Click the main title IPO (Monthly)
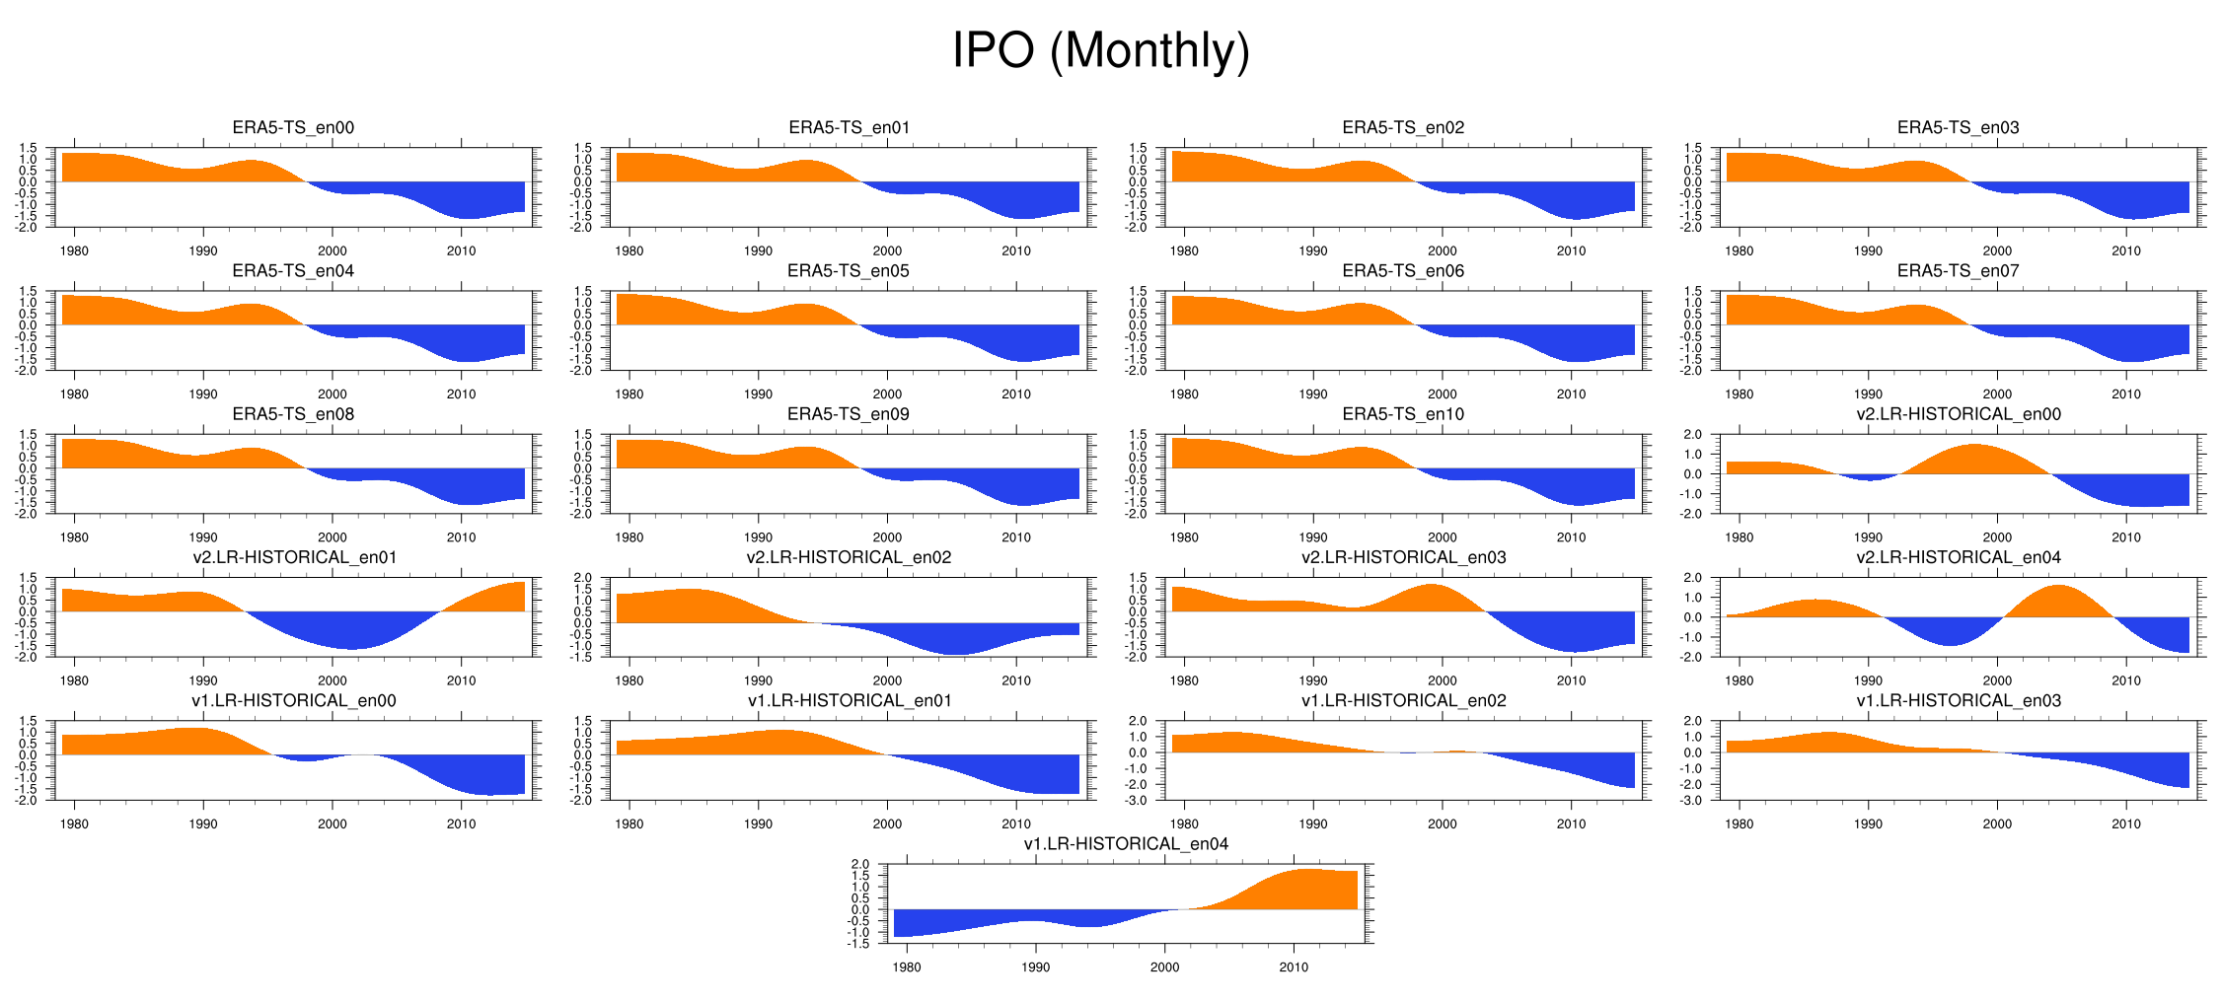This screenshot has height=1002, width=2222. coord(1100,50)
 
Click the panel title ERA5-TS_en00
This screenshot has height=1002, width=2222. coord(293,127)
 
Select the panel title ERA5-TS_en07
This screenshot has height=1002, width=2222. coord(1958,270)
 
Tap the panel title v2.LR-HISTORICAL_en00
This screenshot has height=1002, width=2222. coord(1958,414)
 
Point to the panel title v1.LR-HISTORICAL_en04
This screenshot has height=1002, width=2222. coord(1126,844)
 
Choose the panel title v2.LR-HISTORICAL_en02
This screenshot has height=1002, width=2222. coord(849,557)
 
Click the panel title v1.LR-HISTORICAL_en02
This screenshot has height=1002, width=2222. coord(1403,701)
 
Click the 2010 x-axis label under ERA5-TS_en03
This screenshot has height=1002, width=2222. coord(2126,250)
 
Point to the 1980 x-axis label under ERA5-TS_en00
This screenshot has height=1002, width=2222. coord(74,250)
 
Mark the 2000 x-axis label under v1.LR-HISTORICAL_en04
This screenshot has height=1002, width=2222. coord(1164,967)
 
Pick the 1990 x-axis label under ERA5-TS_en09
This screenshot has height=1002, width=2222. coord(758,537)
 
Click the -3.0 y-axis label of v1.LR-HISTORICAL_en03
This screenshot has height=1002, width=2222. coord(1692,801)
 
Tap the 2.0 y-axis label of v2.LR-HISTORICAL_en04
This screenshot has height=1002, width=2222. coord(1692,578)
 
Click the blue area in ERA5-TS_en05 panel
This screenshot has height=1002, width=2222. coord(1016,343)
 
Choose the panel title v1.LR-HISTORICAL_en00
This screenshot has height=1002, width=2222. coord(293,701)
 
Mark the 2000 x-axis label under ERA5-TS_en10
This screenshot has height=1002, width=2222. coord(1442,537)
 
